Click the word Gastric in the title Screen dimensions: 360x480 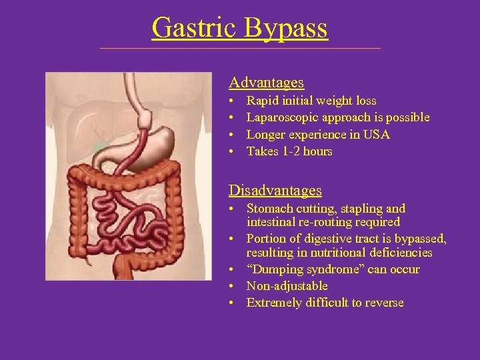pos(193,28)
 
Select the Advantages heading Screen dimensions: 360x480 pos(266,83)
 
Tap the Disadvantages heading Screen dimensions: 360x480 pos(275,191)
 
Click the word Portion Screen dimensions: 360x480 pos(265,239)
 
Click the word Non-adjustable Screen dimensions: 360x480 pos(287,286)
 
